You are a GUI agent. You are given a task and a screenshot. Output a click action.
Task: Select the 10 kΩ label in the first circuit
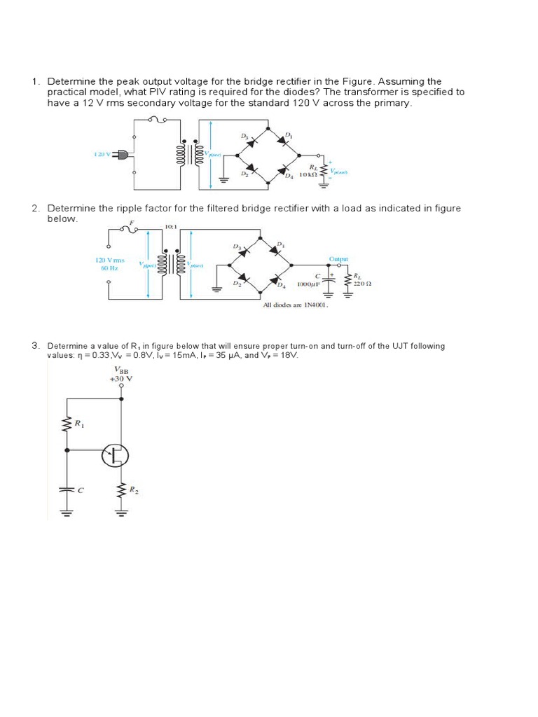click(x=305, y=174)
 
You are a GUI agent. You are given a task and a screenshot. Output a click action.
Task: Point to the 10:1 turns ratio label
click(x=171, y=227)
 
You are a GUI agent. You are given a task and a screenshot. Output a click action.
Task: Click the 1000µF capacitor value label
click(x=309, y=285)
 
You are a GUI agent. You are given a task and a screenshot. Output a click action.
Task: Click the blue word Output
click(x=338, y=258)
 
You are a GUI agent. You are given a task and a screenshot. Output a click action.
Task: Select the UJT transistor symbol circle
click(x=116, y=457)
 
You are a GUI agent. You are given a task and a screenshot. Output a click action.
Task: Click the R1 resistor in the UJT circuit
click(x=69, y=424)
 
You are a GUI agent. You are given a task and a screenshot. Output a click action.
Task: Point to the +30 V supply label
click(x=121, y=378)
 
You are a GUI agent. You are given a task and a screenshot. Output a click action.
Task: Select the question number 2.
click(x=35, y=209)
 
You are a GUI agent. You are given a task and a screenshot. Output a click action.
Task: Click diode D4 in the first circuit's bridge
click(x=283, y=170)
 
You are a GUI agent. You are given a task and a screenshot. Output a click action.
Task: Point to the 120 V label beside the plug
click(x=102, y=154)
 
